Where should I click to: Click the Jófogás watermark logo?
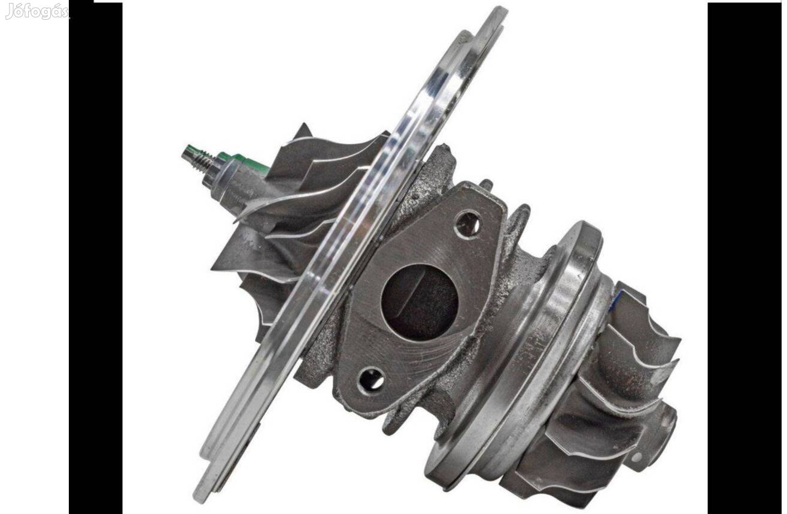[x=37, y=11]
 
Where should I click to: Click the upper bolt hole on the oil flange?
[x=467, y=224]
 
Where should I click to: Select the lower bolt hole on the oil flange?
[x=370, y=380]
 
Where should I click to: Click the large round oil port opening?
[x=420, y=303]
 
